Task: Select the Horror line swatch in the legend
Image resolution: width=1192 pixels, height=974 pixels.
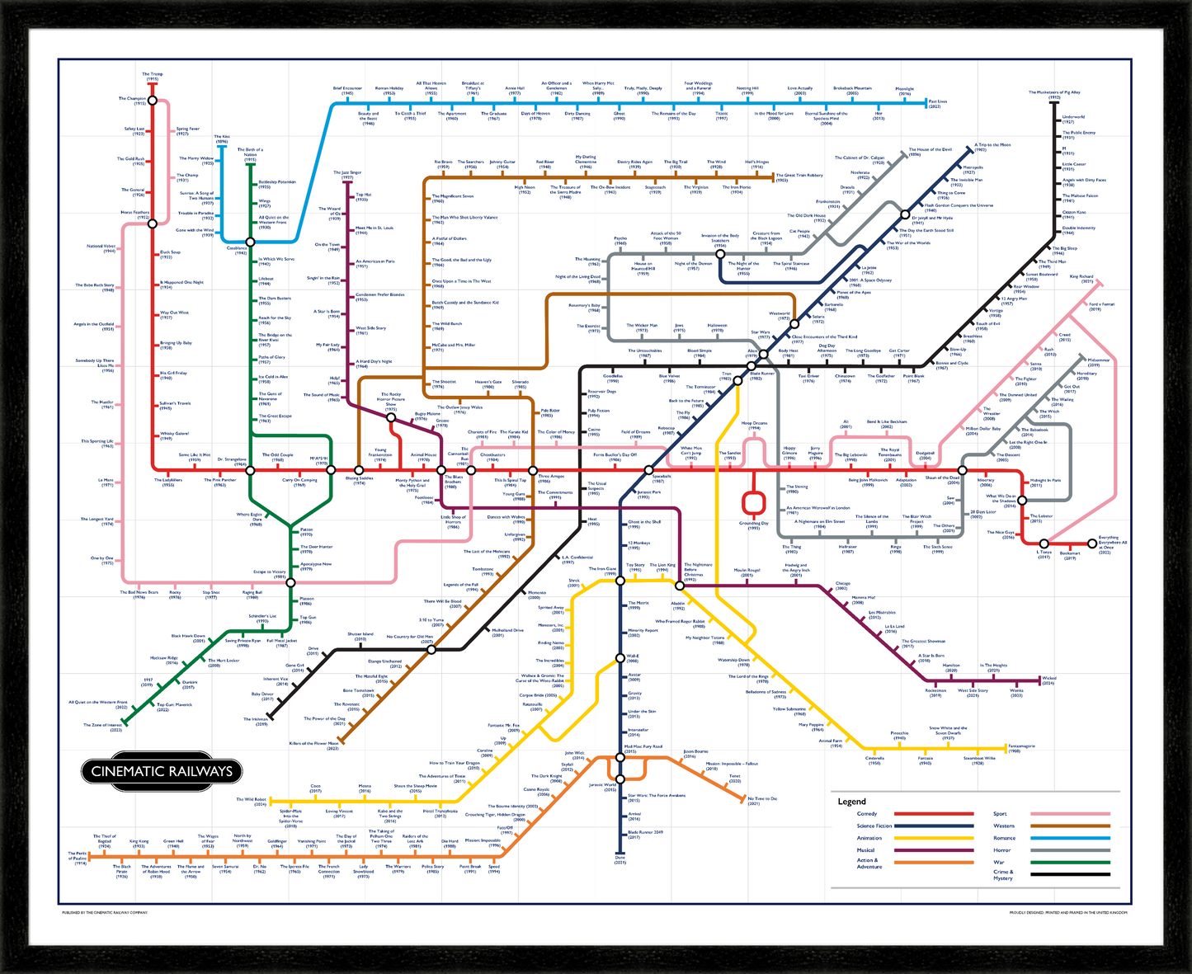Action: point(1070,849)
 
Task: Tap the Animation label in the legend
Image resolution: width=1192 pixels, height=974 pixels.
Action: point(869,838)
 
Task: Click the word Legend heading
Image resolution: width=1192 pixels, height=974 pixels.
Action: point(851,802)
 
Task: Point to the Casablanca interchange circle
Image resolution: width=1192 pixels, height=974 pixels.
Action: point(251,242)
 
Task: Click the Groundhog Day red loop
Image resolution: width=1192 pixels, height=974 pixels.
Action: point(752,501)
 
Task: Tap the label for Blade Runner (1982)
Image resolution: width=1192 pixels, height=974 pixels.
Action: point(762,375)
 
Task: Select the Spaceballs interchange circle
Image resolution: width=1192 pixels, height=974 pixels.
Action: point(657,470)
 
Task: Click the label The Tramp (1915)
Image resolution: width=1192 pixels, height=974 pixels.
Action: point(152,76)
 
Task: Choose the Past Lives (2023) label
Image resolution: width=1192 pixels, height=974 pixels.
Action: point(939,104)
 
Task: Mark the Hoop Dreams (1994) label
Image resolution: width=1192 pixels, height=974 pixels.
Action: point(754,426)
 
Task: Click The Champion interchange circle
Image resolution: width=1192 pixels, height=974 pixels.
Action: point(152,100)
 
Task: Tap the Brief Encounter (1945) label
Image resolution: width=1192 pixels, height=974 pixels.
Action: point(347,90)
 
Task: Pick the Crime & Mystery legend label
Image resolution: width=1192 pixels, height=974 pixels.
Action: point(1004,874)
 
